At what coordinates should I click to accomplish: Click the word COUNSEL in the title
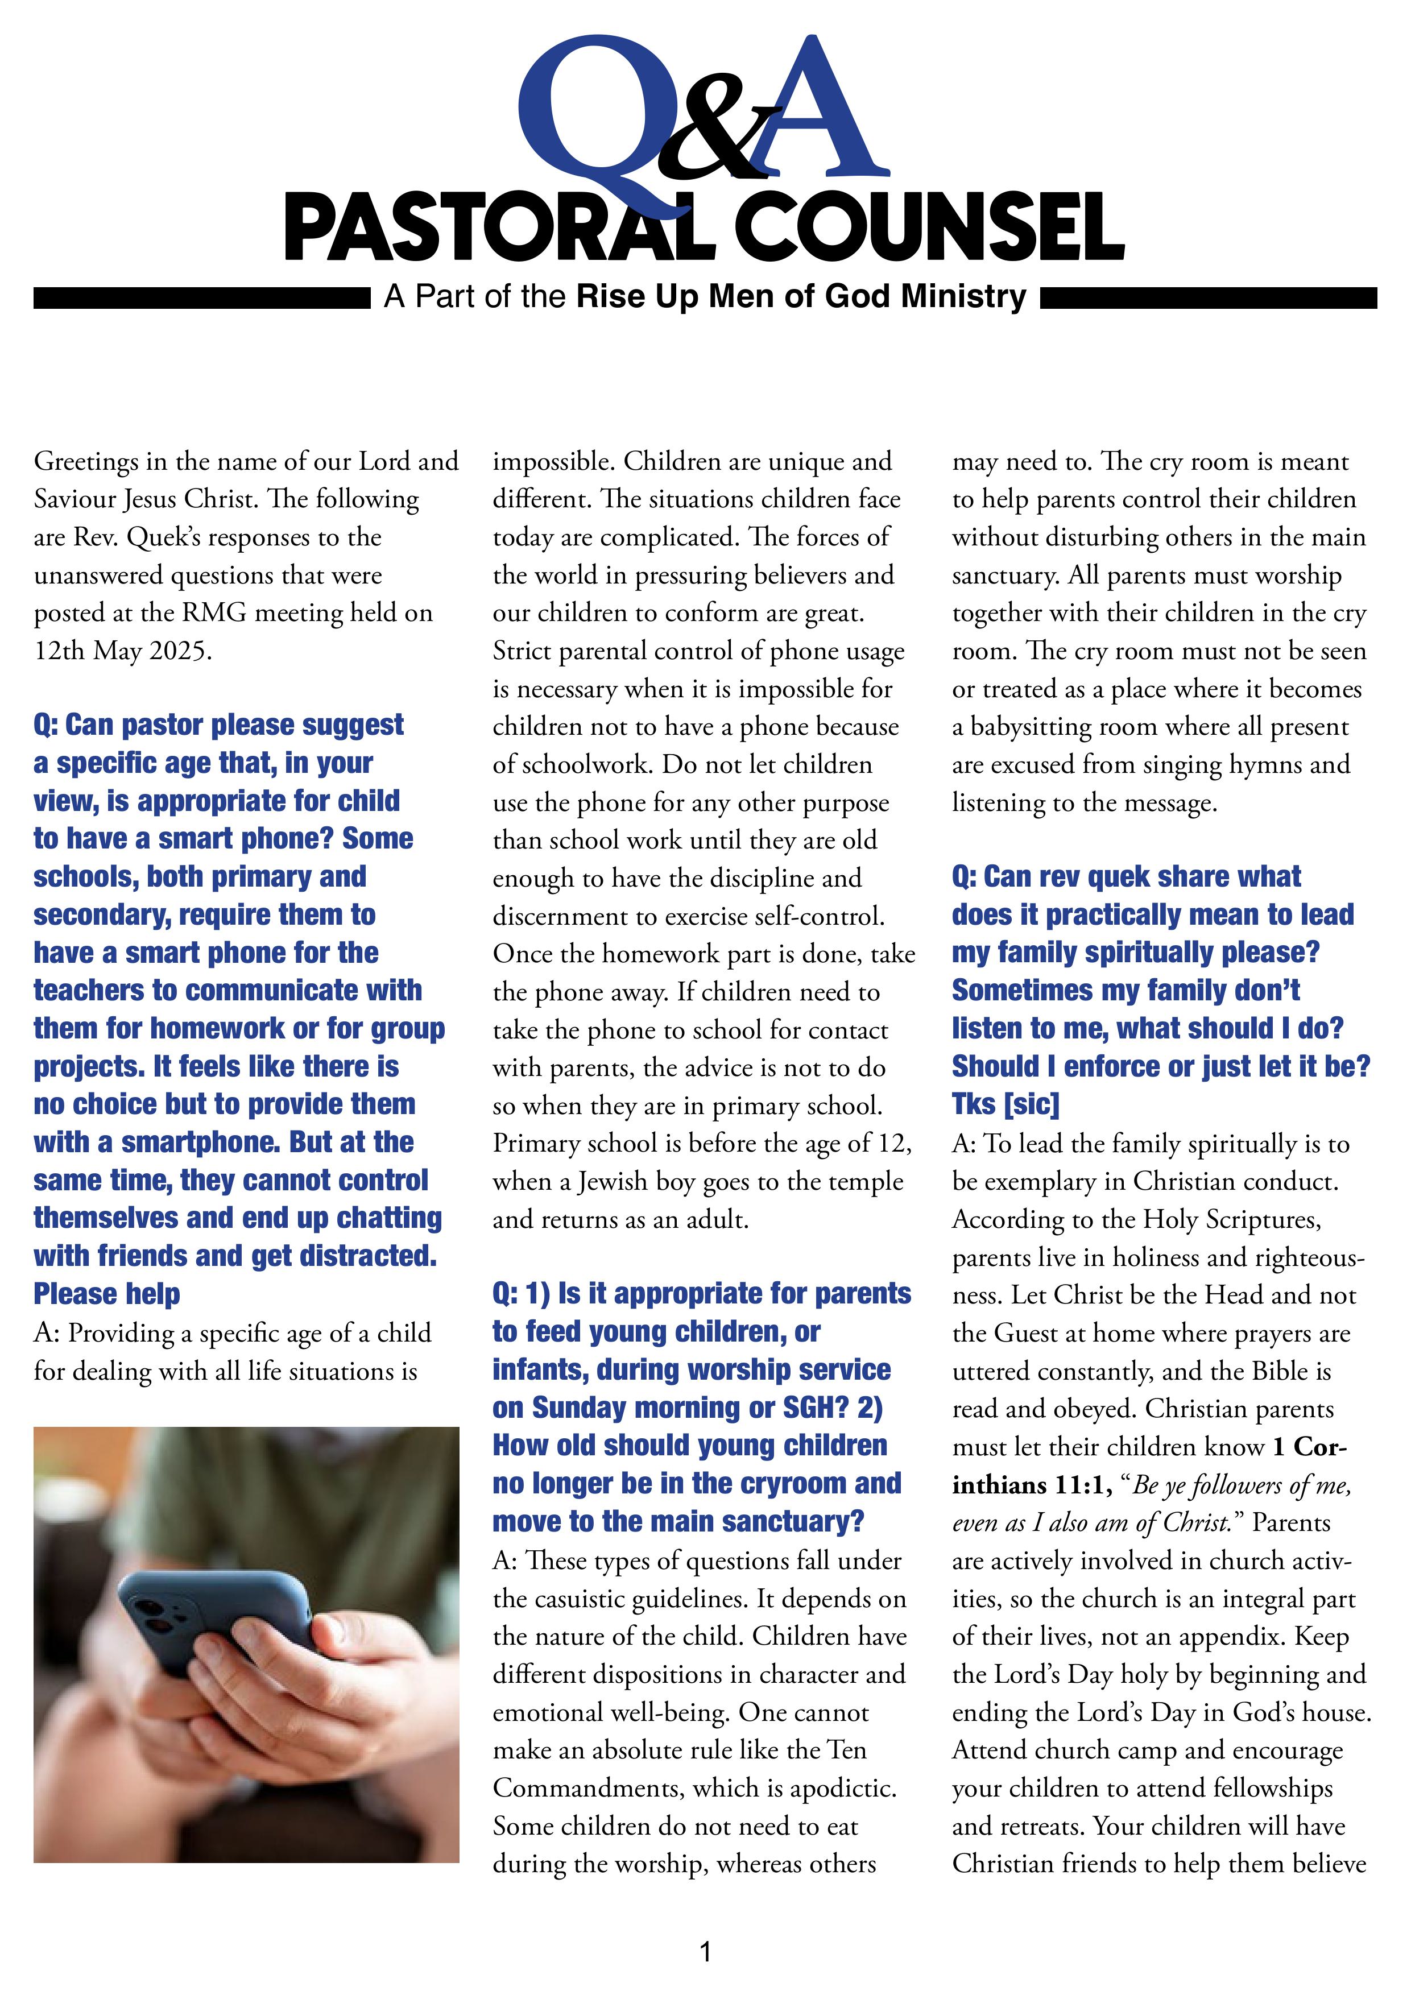(x=930, y=227)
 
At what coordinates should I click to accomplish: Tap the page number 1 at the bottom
(x=705, y=1952)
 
